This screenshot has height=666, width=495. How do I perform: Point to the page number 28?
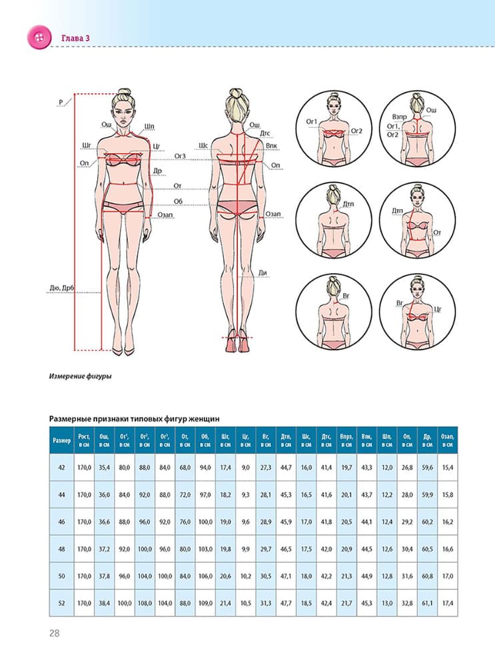pyautogui.click(x=55, y=632)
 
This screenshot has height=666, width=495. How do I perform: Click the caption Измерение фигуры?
pyautogui.click(x=80, y=376)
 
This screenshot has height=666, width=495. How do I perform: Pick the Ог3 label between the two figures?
pyautogui.click(x=180, y=156)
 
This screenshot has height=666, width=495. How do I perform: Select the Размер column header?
pyautogui.click(x=61, y=440)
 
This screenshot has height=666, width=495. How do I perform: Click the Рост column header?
pyautogui.click(x=83, y=440)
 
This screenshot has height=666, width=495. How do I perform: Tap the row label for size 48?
pyautogui.click(x=61, y=549)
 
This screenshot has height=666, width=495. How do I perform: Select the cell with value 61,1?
pyautogui.click(x=427, y=603)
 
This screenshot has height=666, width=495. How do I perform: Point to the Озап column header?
pyautogui.click(x=448, y=440)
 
